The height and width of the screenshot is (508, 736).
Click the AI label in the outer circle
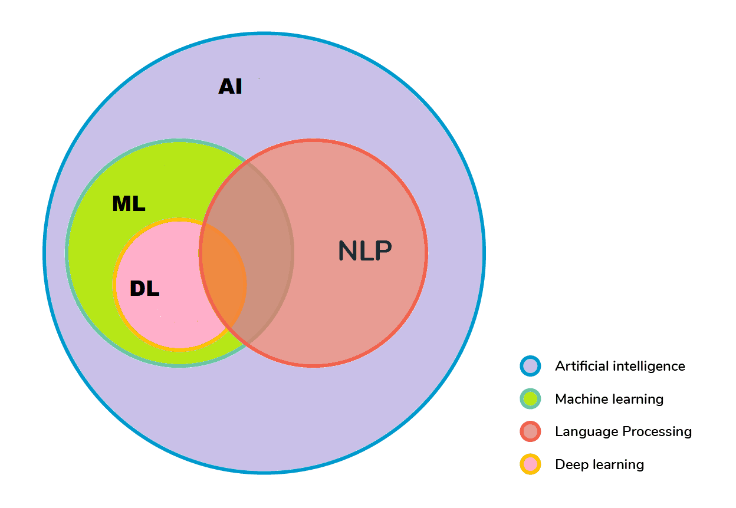tap(230, 87)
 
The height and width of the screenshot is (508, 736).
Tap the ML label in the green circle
tap(129, 204)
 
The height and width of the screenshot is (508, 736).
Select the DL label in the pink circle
tap(144, 289)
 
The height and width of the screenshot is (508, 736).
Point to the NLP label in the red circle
tap(364, 251)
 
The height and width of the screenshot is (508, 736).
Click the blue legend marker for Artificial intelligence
tap(530, 366)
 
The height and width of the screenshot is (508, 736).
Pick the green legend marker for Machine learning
tap(530, 399)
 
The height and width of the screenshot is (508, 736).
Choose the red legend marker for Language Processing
tap(530, 431)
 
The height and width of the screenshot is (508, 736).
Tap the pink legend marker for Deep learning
tap(530, 464)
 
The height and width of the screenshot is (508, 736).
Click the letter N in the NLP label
tap(348, 251)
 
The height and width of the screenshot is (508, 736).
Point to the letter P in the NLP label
tap(382, 251)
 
